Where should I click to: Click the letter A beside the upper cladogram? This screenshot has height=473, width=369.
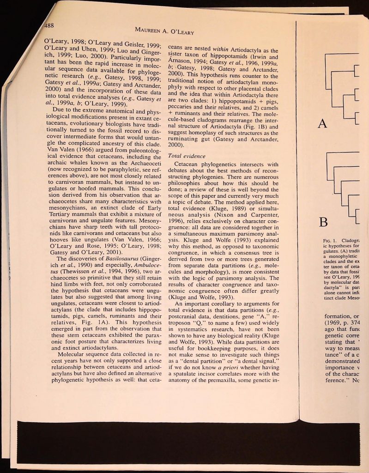323,124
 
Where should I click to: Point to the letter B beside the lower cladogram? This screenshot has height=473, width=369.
324,223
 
